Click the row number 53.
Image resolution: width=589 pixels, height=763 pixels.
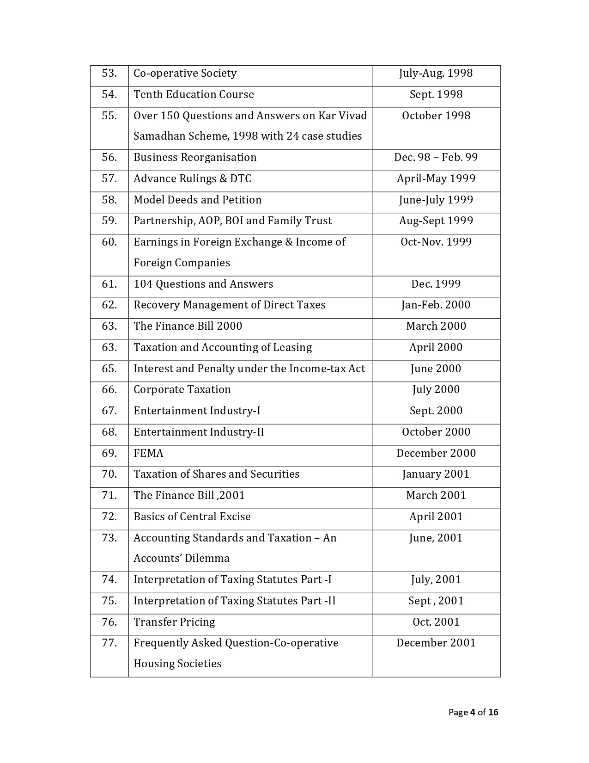coord(109,74)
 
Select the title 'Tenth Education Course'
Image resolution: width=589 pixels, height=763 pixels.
coord(194,95)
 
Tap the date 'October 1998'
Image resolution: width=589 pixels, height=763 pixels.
coord(436,116)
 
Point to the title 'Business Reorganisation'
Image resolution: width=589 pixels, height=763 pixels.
coord(195,158)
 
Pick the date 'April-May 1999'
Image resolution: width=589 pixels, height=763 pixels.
coord(436,179)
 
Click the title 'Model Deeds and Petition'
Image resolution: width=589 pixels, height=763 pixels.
coord(197,200)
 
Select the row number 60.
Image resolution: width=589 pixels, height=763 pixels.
coord(109,242)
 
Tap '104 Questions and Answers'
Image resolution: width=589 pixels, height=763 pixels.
coord(203,284)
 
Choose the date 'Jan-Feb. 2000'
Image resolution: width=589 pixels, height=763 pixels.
coord(436,305)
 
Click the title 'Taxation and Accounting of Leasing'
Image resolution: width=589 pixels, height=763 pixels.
coord(223,348)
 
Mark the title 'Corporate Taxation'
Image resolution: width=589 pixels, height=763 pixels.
coord(182,390)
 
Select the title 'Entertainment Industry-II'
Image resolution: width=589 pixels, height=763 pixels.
coord(199,432)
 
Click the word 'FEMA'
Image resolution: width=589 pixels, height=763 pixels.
coord(148,454)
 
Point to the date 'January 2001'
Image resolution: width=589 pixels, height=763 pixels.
coord(436,474)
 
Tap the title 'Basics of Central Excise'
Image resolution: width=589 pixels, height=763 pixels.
coord(192,517)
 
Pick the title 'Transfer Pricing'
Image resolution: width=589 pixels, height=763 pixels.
coord(174,622)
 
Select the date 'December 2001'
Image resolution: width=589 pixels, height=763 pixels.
coord(436,643)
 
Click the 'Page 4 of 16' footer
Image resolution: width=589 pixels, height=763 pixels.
coord(473,713)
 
